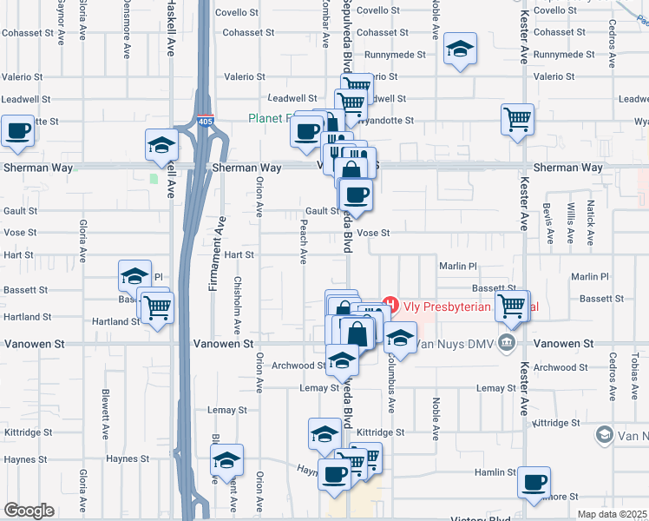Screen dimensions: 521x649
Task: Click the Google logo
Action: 29,511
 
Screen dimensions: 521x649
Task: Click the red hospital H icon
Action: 390,306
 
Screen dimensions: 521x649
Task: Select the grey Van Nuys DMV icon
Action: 506,345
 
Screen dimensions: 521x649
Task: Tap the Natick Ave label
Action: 591,220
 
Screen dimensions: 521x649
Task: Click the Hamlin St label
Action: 495,472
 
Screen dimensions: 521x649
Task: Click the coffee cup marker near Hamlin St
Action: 534,481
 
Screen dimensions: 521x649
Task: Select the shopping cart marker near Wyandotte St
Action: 517,118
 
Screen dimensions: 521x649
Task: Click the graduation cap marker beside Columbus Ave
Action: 400,336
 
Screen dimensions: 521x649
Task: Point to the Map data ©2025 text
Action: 612,514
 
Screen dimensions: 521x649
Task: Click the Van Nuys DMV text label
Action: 453,345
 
